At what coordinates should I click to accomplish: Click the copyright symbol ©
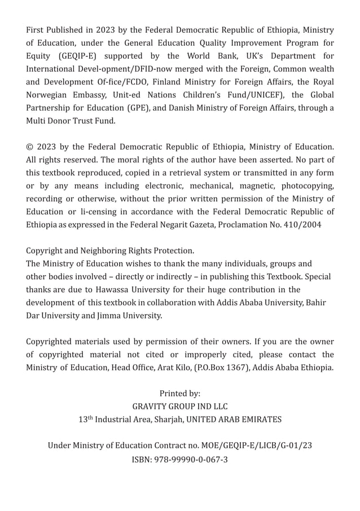click(x=30, y=147)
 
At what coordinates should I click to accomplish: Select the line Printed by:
click(x=180, y=393)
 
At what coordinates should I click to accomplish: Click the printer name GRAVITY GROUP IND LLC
click(x=180, y=406)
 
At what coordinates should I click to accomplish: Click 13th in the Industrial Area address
click(x=85, y=419)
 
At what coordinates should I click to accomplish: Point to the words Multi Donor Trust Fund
click(x=71, y=121)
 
